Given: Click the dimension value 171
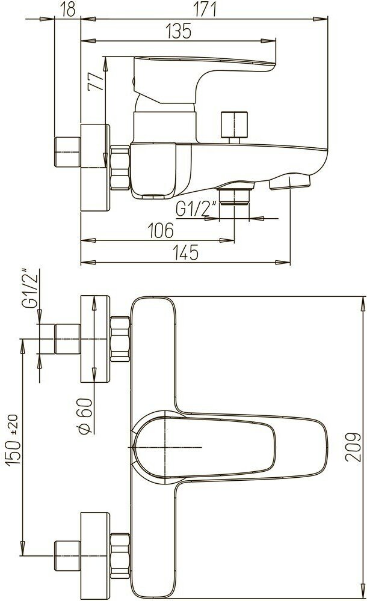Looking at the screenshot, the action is [x=205, y=9].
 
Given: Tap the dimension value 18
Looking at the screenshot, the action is [x=68, y=9].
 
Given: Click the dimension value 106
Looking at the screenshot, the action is [x=161, y=230].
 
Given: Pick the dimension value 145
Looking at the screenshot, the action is [x=185, y=252].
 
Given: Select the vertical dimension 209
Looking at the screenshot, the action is [x=353, y=447].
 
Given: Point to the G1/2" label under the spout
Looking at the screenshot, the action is [x=196, y=209].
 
